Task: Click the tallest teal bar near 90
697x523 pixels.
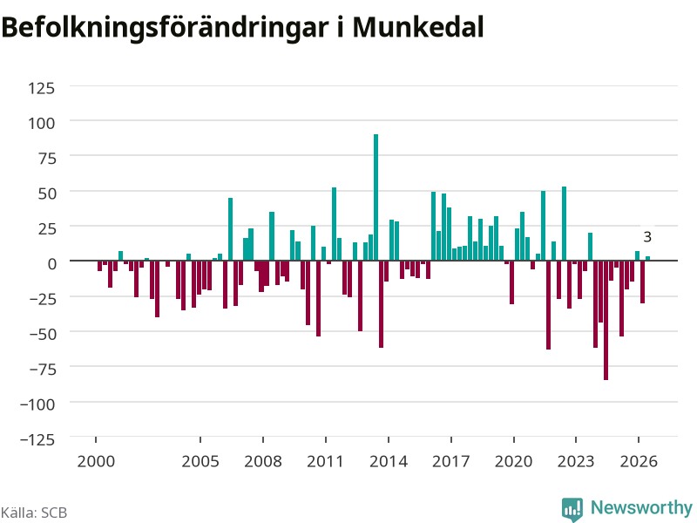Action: point(376,197)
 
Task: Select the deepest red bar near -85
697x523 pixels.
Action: point(606,320)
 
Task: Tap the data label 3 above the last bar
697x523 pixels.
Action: point(647,237)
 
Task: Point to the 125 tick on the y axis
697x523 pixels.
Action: point(41,88)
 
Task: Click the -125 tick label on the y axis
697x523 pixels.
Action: point(37,439)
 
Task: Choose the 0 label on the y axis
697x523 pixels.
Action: point(52,264)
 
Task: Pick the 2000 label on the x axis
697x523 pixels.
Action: point(96,461)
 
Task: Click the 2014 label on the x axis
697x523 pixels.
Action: point(389,461)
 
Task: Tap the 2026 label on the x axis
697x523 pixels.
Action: point(639,461)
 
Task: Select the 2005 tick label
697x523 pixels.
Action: point(200,461)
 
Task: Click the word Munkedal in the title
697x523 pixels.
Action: point(418,27)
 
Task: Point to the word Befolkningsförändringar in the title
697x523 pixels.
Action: point(165,28)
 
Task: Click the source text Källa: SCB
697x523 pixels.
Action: point(34,513)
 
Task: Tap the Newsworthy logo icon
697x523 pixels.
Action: point(572,509)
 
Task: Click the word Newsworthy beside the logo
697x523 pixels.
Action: point(641,507)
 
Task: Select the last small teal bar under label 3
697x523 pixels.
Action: point(647,258)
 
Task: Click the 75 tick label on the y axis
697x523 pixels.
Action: point(47,159)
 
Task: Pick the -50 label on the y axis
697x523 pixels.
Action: point(42,334)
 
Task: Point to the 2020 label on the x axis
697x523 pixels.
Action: point(513,461)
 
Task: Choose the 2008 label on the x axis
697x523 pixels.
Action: point(263,461)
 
